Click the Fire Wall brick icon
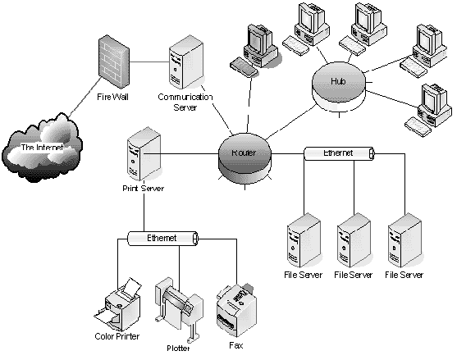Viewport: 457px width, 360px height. pos(114,62)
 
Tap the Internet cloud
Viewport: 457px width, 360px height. pos(42,148)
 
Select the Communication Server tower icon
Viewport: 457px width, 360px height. pos(186,62)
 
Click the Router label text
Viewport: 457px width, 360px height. pos(244,153)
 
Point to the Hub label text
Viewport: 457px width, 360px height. pos(338,81)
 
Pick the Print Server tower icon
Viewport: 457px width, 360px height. pos(144,153)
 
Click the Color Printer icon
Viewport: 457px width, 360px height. pos(117,303)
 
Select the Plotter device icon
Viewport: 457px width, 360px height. pos(178,308)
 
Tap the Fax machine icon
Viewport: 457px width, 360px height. pos(236,309)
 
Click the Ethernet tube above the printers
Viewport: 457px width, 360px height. pos(163,239)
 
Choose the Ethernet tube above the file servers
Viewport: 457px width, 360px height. pos(339,153)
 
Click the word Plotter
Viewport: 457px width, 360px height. pos(178,348)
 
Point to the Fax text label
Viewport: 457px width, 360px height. pos(235,345)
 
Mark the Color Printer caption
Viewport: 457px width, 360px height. pos(117,336)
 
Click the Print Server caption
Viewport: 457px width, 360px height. pos(143,189)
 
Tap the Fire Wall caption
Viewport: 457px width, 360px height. pos(112,97)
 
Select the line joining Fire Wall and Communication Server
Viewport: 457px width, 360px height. pos(149,62)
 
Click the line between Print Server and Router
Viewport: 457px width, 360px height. pos(181,153)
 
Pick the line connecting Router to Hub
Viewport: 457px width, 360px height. pos(290,122)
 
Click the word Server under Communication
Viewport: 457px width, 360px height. pos(185,107)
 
